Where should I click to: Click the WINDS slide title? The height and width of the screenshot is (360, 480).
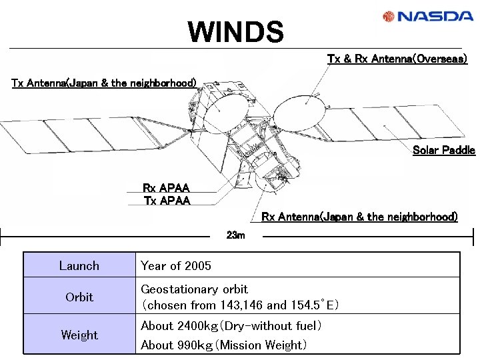tap(235, 31)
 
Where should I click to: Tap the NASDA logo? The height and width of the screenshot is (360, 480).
tap(427, 16)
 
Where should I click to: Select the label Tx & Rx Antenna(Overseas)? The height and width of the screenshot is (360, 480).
tap(397, 59)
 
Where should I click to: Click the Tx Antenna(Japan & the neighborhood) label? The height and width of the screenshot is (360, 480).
tap(104, 83)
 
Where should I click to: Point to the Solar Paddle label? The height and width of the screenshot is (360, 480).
tap(443, 150)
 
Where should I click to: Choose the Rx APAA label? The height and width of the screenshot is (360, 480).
tap(166, 189)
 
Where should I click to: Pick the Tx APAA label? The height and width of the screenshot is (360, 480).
tap(167, 201)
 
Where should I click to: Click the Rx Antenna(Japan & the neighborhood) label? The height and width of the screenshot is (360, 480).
tap(359, 217)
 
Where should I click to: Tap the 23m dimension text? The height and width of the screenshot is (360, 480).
tap(236, 235)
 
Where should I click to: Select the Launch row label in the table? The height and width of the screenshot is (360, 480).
tap(79, 266)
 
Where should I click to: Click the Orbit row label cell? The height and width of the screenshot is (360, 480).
tap(79, 297)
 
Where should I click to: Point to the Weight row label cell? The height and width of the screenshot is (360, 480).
tap(79, 335)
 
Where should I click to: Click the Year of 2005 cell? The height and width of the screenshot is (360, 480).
tap(176, 266)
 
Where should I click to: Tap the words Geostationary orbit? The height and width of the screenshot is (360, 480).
tap(194, 289)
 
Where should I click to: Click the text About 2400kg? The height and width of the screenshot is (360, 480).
tap(177, 326)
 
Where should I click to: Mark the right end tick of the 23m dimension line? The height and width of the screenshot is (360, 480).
tap(473, 237)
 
